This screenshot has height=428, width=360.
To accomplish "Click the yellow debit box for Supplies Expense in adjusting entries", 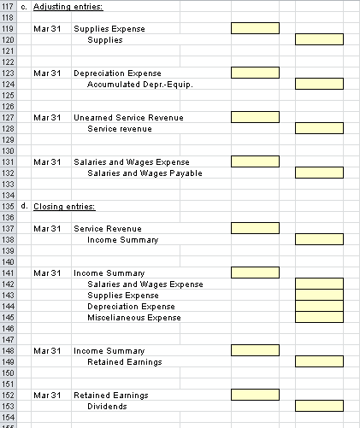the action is tap(255, 28).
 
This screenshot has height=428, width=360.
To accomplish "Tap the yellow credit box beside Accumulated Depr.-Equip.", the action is tap(319, 84).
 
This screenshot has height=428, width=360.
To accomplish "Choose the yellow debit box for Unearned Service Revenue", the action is tap(255, 117).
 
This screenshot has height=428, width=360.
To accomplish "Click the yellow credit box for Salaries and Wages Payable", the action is tap(319, 173).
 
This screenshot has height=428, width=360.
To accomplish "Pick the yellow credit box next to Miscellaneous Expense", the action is tap(319, 317).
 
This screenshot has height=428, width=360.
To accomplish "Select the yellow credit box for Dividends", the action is tap(319, 406).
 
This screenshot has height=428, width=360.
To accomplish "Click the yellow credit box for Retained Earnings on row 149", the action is tap(319, 361).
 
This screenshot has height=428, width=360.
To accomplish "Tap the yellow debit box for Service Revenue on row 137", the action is tap(255, 228).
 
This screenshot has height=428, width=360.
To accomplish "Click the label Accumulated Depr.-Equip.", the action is tap(139, 84).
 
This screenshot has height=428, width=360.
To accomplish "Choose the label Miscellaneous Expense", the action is tap(134, 317).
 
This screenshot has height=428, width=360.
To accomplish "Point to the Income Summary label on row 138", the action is tap(123, 239).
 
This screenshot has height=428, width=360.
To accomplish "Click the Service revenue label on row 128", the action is tap(120, 128).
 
